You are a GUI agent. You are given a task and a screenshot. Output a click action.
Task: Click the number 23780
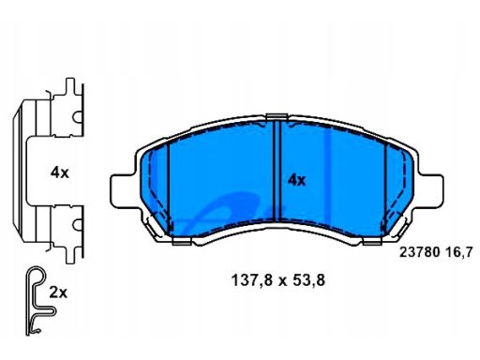pos(420,252)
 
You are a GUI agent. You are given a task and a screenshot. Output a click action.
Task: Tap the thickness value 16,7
pos(459,252)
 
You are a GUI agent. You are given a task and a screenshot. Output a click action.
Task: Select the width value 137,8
pos(251,280)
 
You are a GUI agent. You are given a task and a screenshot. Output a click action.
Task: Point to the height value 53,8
pos(308,280)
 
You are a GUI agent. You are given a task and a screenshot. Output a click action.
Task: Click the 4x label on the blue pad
pos(296,180)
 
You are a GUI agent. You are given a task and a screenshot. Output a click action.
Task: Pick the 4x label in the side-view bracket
pos(60,172)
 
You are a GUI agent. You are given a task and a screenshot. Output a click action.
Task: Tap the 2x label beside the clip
pos(58,292)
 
